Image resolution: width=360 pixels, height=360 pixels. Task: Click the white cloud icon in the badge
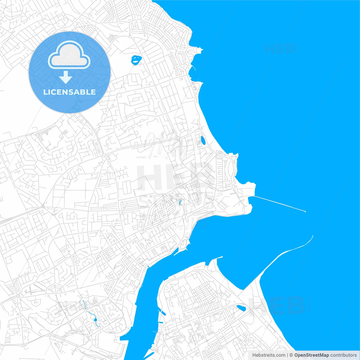(69, 55)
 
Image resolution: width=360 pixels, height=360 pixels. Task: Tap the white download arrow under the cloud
(66, 77)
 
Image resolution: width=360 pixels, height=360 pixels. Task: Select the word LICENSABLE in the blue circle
(69, 92)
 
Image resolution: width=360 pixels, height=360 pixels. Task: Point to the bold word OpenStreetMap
(311, 355)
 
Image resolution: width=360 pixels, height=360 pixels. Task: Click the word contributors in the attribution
(343, 355)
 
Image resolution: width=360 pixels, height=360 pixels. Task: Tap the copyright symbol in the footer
(291, 355)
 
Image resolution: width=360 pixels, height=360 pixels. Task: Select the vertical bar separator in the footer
(288, 355)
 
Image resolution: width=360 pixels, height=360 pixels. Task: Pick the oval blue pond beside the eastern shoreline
(203, 140)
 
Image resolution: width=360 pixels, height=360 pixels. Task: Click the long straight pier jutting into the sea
(278, 203)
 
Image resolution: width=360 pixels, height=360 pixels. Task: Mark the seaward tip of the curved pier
(312, 236)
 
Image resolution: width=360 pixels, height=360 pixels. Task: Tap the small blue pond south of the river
(241, 308)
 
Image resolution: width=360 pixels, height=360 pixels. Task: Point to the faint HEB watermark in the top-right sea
(280, 49)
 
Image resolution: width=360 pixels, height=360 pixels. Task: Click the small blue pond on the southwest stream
(95, 319)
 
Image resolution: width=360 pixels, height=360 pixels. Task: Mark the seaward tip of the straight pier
(305, 211)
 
